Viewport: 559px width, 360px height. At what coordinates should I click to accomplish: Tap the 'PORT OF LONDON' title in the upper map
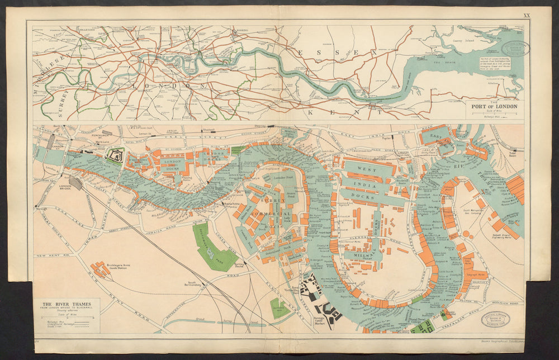click(x=495, y=106)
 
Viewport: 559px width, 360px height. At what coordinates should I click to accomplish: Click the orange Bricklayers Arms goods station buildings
click(x=101, y=270)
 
